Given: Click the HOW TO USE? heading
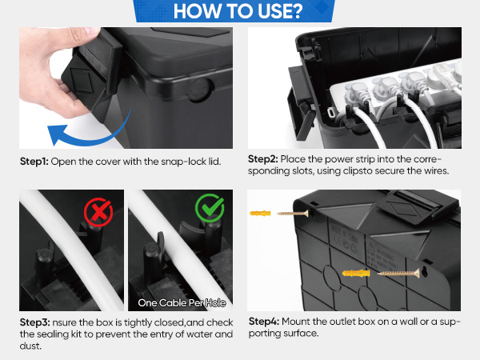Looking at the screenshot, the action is [x=238, y=11].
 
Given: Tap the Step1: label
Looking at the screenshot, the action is [x=34, y=162].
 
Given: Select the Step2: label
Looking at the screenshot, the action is [x=262, y=159].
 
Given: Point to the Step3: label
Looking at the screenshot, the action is [x=34, y=322].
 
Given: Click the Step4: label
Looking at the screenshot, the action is [x=264, y=322].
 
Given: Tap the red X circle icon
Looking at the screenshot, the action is [x=98, y=212].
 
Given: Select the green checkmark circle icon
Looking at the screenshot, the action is [x=210, y=208].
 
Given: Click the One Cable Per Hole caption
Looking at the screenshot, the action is [x=182, y=302].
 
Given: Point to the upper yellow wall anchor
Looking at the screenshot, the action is [x=260, y=213].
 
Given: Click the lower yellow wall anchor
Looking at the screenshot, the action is [x=356, y=273].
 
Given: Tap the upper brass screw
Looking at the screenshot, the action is [x=293, y=214].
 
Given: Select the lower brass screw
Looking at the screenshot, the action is [x=398, y=273].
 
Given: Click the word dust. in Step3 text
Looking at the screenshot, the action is [x=30, y=346].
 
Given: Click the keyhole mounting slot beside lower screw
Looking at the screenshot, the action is [x=425, y=271].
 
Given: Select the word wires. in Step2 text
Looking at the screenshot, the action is [x=437, y=171].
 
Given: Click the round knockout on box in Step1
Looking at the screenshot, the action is [x=200, y=90].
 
